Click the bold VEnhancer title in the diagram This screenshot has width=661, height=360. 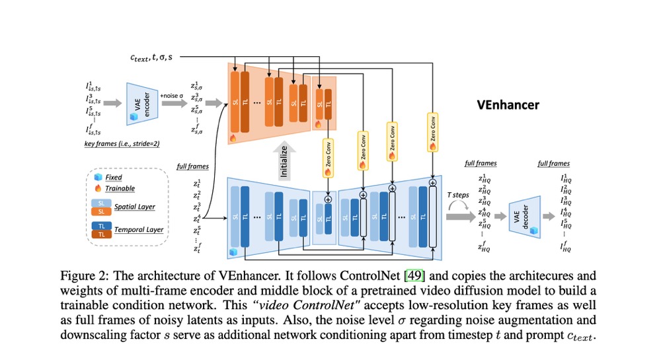pos(508,104)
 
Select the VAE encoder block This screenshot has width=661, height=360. pos(140,104)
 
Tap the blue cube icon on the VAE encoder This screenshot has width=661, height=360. pos(132,117)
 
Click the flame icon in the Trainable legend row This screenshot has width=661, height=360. pos(98,188)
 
